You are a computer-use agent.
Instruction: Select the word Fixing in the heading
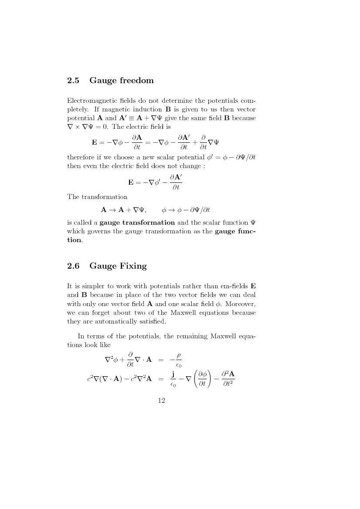tap(132, 266)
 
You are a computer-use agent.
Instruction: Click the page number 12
tap(161, 401)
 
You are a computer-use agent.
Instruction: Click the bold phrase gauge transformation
tap(137, 222)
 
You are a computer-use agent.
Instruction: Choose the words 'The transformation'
tap(97, 197)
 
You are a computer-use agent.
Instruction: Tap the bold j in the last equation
tap(173, 374)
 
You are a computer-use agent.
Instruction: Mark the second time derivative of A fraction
tap(228, 378)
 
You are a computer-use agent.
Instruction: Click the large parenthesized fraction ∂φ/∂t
tap(202, 378)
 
